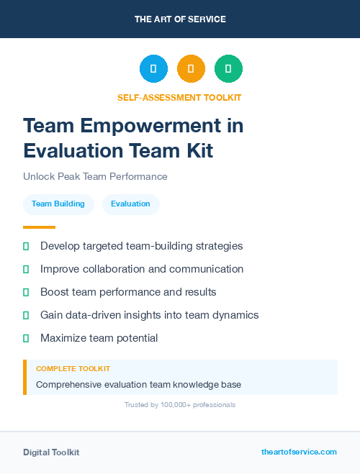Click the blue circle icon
153,69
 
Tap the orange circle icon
191,69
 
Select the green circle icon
228,69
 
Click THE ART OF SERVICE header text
180,19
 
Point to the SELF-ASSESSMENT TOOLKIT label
179,97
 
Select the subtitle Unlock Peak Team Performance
95,176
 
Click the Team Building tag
58,204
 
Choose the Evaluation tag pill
130,204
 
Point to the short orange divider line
35,227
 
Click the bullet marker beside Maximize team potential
26,338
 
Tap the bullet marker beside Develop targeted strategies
26,246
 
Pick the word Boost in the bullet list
54,292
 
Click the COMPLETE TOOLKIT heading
73,368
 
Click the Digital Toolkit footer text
51,452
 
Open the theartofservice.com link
299,452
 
